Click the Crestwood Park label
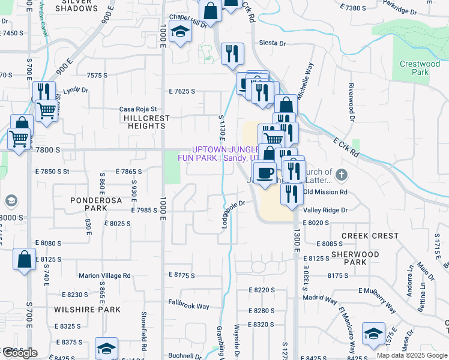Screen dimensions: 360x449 (x=420, y=68)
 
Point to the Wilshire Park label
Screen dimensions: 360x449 (x=87, y=310)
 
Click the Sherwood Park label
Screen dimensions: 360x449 (x=355, y=258)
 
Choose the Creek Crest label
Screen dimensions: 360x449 (x=369, y=236)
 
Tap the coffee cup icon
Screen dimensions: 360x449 (x=265, y=173)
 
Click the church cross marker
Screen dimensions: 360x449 (x=342, y=175)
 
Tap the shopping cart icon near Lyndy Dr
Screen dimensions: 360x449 (x=46, y=110)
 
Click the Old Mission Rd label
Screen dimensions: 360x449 (x=325, y=192)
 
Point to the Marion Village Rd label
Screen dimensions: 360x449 (x=104, y=275)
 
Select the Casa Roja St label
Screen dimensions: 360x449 (x=137, y=109)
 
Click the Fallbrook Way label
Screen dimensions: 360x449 (x=188, y=306)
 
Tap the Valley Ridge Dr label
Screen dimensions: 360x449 (x=325, y=210)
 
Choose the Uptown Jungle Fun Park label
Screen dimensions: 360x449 (x=218, y=154)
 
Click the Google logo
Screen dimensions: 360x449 (x=19, y=352)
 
